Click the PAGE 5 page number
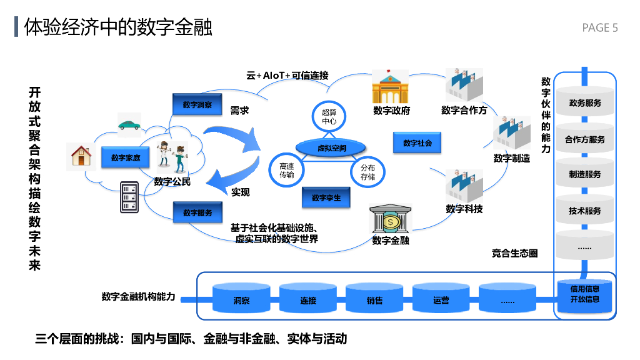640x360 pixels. [x=599, y=27]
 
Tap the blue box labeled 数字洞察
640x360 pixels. [x=197, y=104]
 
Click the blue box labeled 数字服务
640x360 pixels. [x=197, y=212]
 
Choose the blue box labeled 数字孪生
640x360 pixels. [x=326, y=197]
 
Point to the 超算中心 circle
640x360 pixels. [x=329, y=117]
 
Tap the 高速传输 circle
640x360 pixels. [x=286, y=171]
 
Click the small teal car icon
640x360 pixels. [x=129, y=125]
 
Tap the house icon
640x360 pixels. [x=81, y=156]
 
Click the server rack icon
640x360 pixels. [x=129, y=197]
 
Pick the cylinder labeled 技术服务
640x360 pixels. [x=585, y=211]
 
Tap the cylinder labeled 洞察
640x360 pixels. [x=242, y=299]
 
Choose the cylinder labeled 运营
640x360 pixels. [x=441, y=299]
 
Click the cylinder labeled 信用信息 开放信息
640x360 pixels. [x=585, y=294]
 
